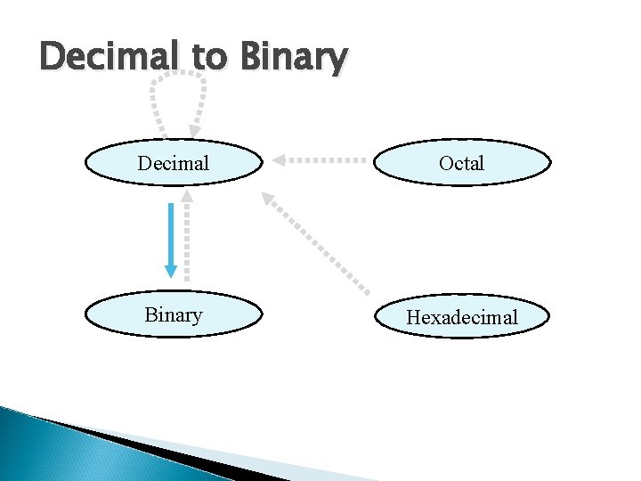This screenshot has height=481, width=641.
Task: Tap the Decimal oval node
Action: (174, 163)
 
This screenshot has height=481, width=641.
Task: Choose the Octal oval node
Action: (461, 163)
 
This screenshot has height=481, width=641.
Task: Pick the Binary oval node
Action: (174, 315)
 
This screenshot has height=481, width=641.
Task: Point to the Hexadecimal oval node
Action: (461, 317)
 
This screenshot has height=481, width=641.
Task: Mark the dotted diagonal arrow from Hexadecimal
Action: (320, 244)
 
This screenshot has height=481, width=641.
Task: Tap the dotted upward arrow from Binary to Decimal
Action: (186, 236)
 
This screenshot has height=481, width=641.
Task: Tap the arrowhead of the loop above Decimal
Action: (194, 131)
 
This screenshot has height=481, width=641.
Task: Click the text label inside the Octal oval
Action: (461, 163)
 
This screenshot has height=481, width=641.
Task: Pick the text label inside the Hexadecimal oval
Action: (461, 317)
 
